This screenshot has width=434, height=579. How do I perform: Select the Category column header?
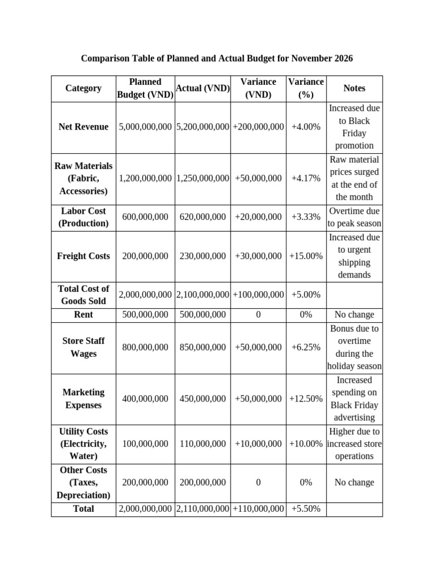(x=84, y=88)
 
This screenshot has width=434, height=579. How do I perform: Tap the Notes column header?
(x=354, y=88)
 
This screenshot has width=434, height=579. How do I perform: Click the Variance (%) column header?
(x=306, y=89)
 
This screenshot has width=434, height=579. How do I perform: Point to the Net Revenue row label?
(x=84, y=127)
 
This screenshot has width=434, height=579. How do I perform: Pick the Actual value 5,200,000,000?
(x=203, y=127)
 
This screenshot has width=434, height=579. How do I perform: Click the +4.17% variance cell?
(x=306, y=178)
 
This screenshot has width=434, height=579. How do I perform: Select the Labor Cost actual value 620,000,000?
(x=203, y=217)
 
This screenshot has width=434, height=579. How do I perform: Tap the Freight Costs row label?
(x=84, y=256)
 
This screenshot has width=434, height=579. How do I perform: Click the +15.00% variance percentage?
(x=306, y=256)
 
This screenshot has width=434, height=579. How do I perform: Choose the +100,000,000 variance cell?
(x=258, y=295)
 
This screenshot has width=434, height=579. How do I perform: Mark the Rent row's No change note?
(x=354, y=314)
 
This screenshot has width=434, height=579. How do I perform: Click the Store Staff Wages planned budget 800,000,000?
(x=145, y=347)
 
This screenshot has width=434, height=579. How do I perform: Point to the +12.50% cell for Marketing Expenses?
(x=306, y=399)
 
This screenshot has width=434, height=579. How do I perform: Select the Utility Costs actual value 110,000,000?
(x=203, y=444)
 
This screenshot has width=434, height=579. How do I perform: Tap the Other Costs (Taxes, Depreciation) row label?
(x=84, y=482)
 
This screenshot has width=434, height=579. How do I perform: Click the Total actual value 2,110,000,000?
(x=203, y=509)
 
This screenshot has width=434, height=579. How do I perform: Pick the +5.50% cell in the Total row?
(x=306, y=509)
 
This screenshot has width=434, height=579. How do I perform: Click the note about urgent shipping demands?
(x=354, y=256)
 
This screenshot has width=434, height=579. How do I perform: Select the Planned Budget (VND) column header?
(x=145, y=89)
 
